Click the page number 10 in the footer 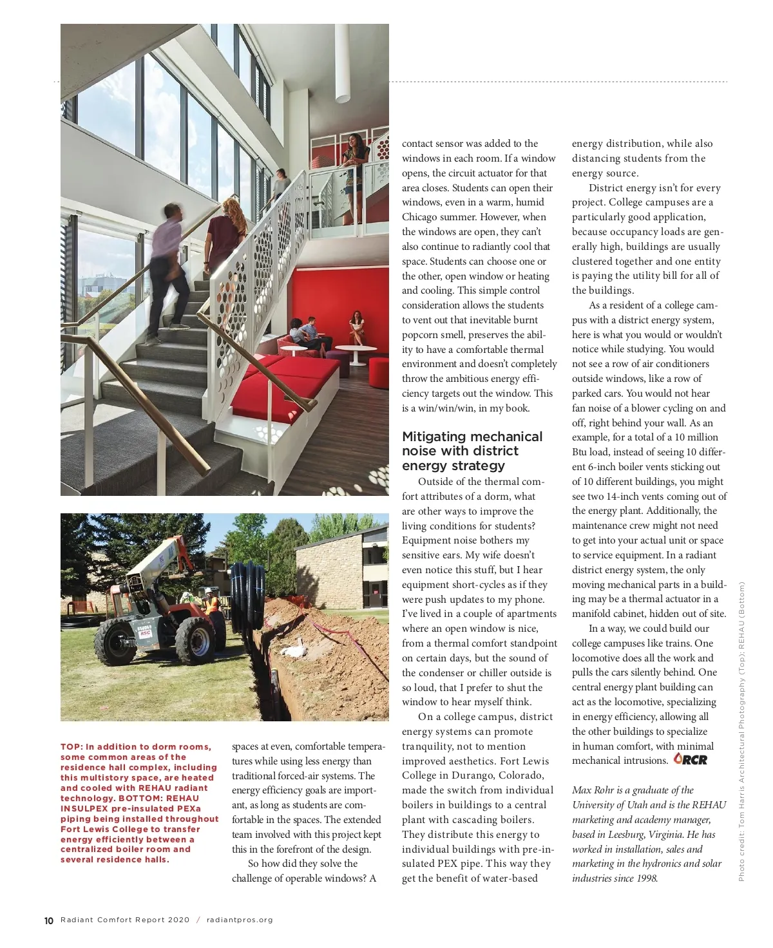tap(49, 920)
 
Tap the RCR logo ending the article tap(691, 759)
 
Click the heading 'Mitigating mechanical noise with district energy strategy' tap(472, 451)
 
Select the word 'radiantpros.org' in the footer tap(240, 920)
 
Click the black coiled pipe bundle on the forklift tap(246, 596)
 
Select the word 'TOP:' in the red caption tap(72, 747)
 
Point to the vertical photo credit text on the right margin tap(741, 731)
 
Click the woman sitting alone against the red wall tap(357, 327)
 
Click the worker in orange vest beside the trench tap(211, 605)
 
